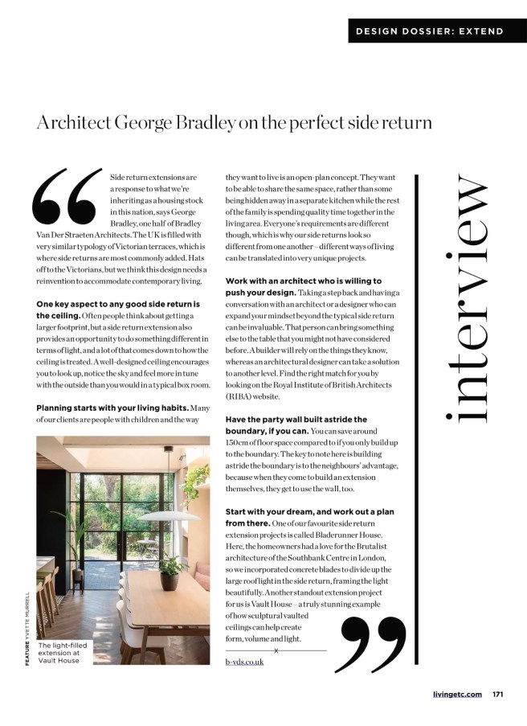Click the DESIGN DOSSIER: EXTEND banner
point(430,31)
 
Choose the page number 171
point(498,694)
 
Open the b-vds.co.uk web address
point(244,662)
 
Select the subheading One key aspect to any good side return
point(117,310)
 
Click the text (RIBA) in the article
point(240,396)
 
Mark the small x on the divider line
point(276,650)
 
